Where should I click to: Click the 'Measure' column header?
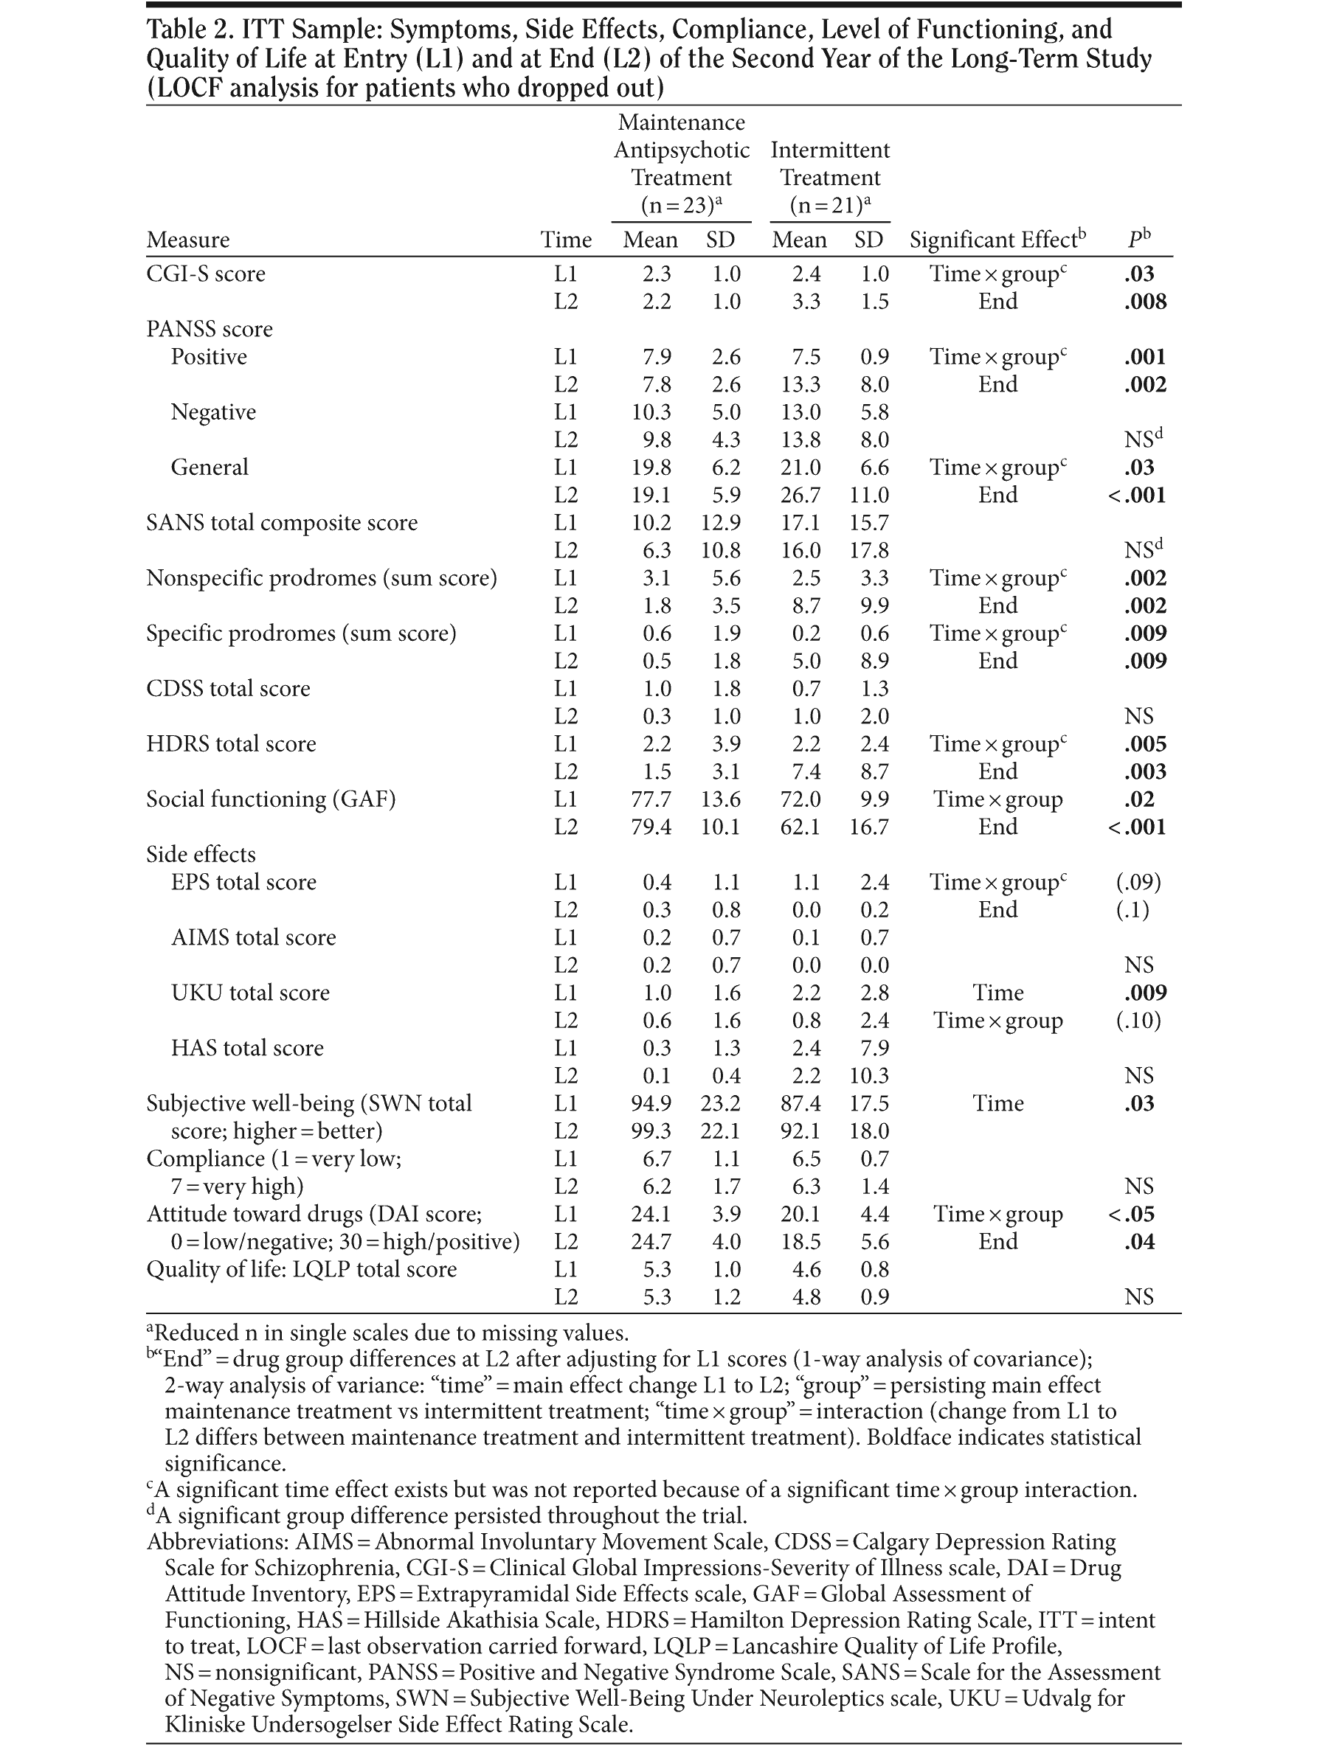point(188,240)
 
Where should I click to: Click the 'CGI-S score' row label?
point(206,274)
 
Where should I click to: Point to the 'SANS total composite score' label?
point(281,523)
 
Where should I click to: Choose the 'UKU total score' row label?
point(250,993)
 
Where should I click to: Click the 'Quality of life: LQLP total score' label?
point(301,1270)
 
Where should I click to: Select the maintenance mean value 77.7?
point(651,799)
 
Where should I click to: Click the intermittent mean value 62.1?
point(800,827)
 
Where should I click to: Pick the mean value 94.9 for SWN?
point(651,1104)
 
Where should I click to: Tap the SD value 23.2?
point(720,1104)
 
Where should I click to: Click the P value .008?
point(1144,302)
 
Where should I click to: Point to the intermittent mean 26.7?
point(800,496)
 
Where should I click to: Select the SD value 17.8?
point(869,551)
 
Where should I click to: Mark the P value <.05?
point(1137,1215)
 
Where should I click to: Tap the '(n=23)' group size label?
point(682,206)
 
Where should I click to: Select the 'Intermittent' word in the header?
point(830,150)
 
